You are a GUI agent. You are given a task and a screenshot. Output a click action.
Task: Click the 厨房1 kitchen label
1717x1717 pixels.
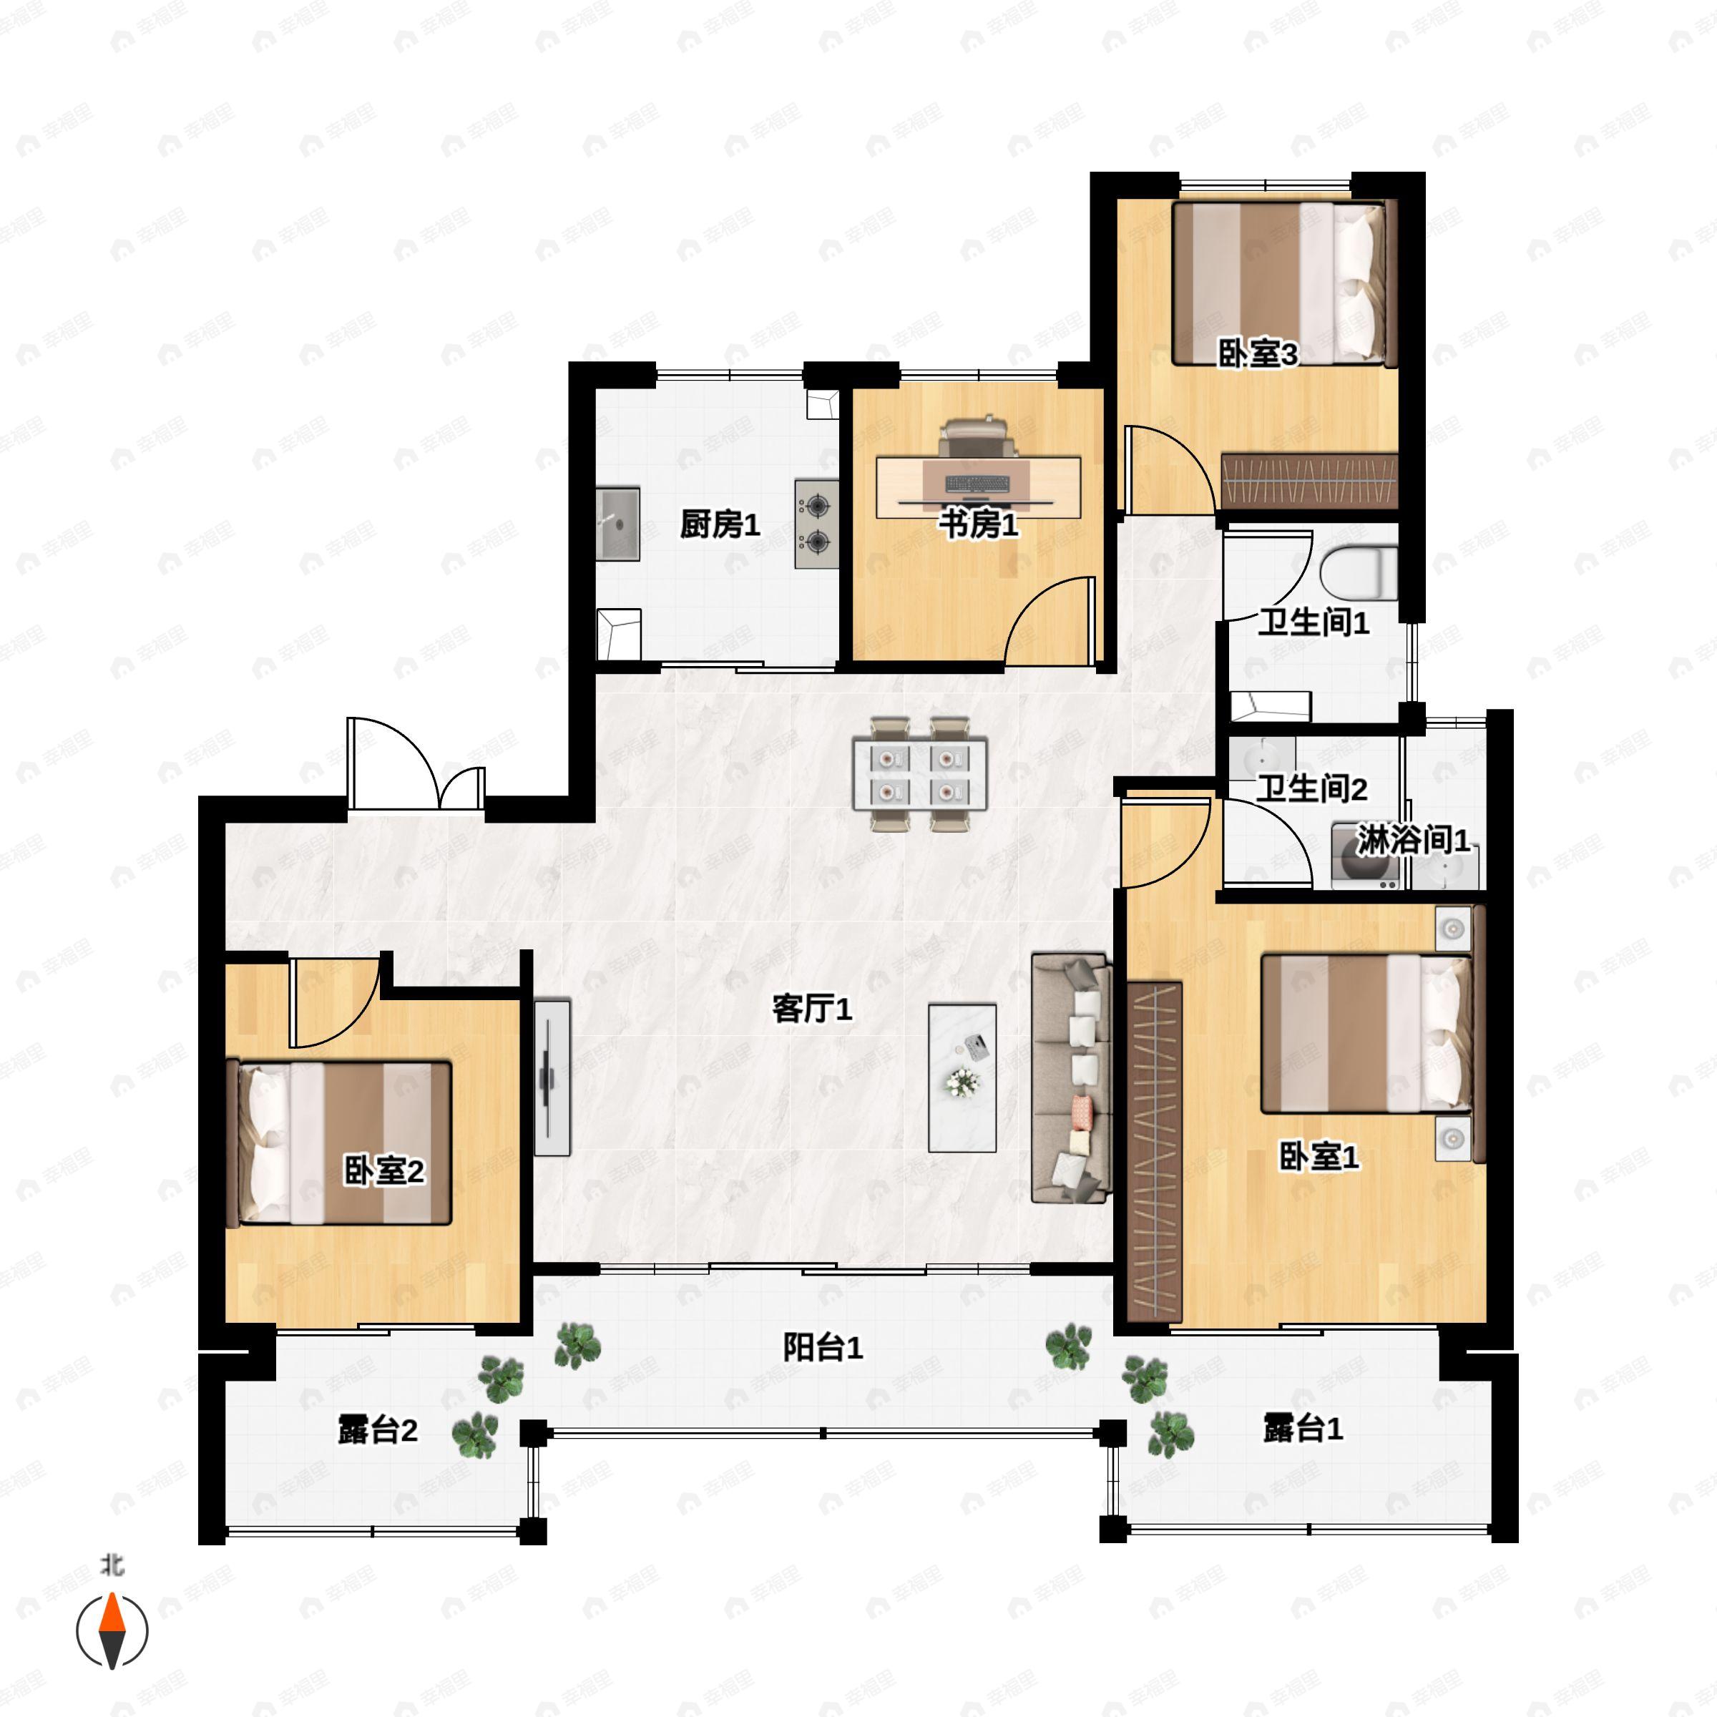click(x=720, y=524)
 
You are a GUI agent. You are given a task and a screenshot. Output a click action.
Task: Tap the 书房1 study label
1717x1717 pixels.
click(x=979, y=524)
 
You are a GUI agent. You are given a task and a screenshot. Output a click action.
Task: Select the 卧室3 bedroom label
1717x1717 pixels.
click(x=1258, y=355)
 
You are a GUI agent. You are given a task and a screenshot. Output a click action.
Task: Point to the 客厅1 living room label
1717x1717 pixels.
click(x=812, y=1009)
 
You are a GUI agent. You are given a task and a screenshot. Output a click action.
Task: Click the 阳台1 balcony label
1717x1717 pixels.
click(x=823, y=1348)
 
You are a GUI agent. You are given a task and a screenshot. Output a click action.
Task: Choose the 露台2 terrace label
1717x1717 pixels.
click(x=378, y=1431)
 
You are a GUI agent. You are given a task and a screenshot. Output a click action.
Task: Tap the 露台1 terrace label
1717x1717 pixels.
click(x=1303, y=1429)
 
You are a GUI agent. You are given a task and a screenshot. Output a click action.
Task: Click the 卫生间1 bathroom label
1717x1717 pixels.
click(x=1314, y=623)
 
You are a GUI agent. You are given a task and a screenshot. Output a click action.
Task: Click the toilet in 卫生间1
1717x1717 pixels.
click(x=1358, y=573)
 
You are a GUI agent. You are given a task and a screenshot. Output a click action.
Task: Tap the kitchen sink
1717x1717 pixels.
click(x=617, y=524)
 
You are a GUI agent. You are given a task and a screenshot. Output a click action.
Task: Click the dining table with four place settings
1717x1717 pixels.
click(x=920, y=773)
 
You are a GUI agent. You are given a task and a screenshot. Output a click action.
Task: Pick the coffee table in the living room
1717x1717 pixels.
click(x=962, y=1077)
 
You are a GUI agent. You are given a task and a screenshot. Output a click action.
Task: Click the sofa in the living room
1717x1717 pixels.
click(x=1071, y=1078)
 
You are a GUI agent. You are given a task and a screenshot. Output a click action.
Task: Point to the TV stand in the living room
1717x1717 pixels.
click(x=552, y=1077)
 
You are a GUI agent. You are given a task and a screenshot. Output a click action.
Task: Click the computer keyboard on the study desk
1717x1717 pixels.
click(x=977, y=484)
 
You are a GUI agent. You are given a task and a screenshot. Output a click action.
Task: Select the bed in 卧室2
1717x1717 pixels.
click(x=341, y=1143)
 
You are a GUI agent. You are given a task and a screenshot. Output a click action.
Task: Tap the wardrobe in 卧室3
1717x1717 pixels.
click(x=1309, y=481)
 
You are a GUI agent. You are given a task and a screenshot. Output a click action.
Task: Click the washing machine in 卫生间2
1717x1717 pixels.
click(x=1365, y=856)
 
